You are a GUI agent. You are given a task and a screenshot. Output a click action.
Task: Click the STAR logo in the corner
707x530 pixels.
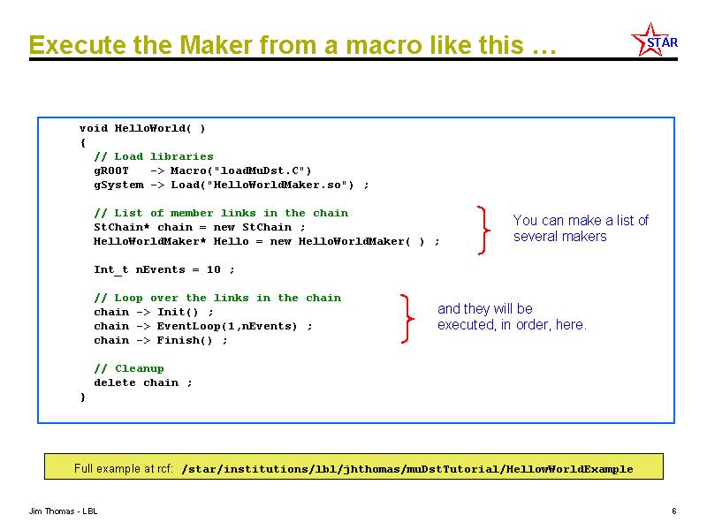(654, 40)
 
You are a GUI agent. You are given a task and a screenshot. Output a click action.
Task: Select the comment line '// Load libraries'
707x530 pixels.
(154, 156)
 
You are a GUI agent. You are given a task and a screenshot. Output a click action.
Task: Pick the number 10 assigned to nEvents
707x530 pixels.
(214, 269)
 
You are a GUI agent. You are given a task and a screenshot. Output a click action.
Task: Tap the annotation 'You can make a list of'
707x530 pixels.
(581, 220)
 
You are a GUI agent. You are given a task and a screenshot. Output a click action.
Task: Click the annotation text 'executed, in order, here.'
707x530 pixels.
(512, 324)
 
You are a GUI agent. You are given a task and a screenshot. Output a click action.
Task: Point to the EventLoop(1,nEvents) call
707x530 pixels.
(227, 326)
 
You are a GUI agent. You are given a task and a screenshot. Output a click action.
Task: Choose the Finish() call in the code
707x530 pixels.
(185, 340)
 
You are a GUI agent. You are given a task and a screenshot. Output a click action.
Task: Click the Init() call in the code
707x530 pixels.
(178, 312)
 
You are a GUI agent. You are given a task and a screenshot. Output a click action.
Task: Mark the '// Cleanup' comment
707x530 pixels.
(129, 368)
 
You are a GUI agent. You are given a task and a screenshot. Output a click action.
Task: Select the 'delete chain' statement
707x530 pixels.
(136, 382)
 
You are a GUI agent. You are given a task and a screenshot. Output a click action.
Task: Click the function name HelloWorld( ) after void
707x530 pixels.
(160, 128)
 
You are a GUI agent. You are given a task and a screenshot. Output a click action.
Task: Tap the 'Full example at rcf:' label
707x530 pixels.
(124, 468)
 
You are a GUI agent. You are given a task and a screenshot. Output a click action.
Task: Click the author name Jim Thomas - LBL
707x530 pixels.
(63, 511)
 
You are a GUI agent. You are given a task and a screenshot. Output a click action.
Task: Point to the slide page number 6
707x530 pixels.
(674, 511)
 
